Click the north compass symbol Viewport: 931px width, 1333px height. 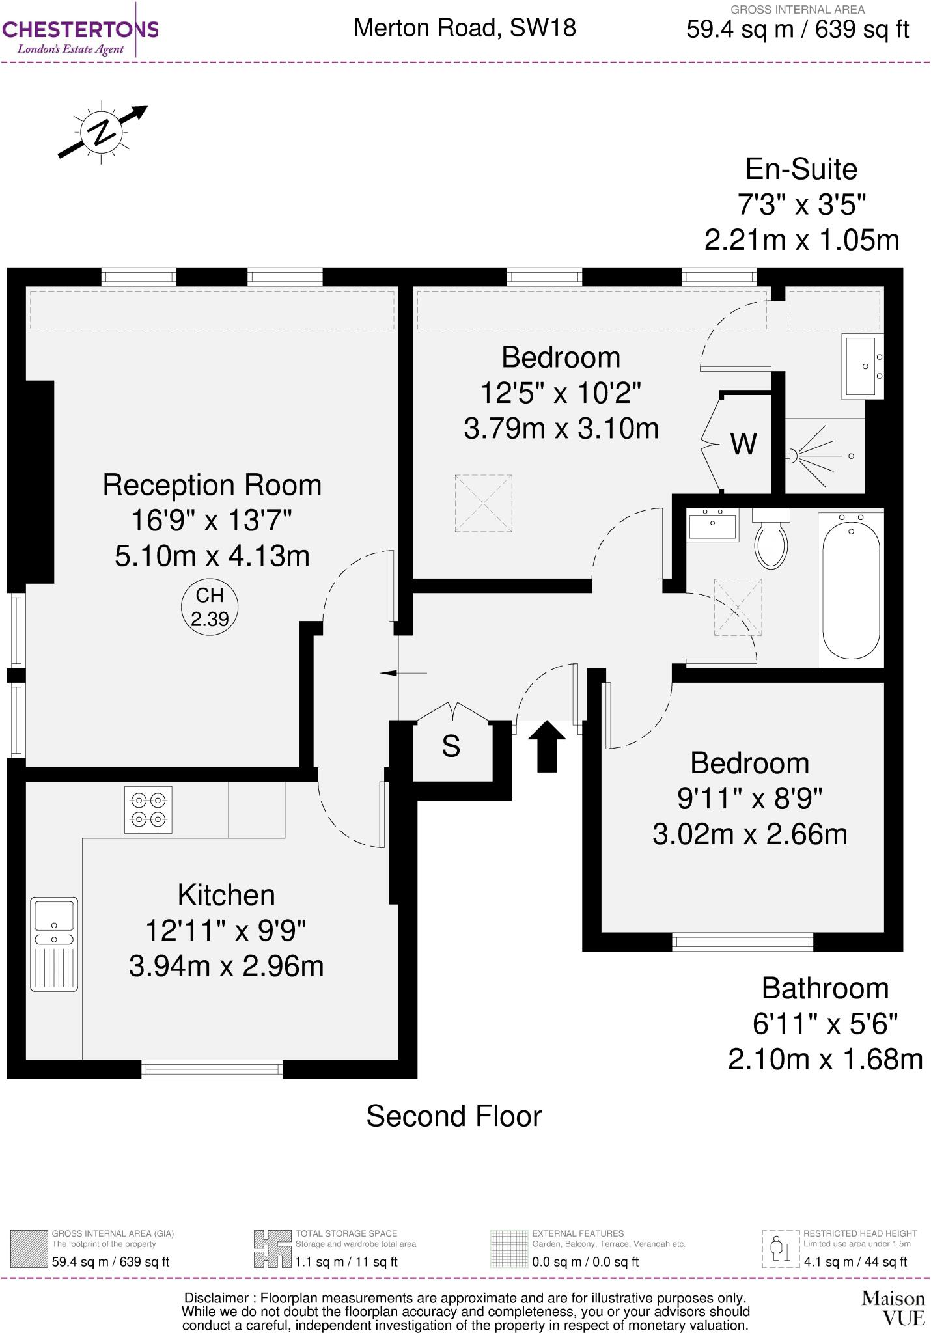click(x=102, y=133)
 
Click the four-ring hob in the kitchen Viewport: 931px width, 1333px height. click(x=148, y=810)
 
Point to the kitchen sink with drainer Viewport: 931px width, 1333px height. click(x=54, y=944)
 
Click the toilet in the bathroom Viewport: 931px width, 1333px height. click(x=771, y=540)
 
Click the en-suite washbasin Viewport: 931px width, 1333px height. click(x=863, y=366)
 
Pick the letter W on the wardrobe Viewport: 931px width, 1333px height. click(x=743, y=445)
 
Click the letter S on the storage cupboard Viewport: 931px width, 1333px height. click(x=451, y=747)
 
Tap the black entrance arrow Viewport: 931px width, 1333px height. click(x=547, y=746)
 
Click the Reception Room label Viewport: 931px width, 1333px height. click(x=212, y=486)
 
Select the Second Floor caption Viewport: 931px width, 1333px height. click(x=454, y=1116)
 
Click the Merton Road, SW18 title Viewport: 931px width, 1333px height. click(x=465, y=27)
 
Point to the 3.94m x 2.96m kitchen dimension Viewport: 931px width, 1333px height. click(x=226, y=966)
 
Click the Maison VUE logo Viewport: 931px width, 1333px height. click(x=893, y=1308)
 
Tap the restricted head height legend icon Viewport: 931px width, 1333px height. click(x=780, y=1248)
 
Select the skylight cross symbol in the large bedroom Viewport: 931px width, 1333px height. click(x=483, y=503)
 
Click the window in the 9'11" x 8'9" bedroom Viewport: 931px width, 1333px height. click(x=743, y=941)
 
